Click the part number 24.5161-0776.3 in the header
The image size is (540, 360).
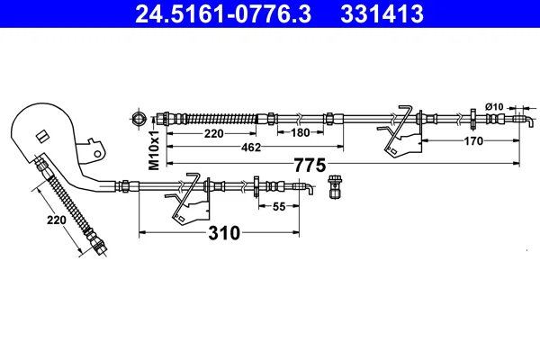223,13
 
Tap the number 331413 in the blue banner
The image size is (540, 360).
382,13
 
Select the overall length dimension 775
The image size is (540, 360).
310,165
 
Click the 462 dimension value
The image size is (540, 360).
251,148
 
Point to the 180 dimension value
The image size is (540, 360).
301,132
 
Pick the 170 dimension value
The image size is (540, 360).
473,141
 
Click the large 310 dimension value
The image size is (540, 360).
224,233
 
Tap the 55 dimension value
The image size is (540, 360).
279,206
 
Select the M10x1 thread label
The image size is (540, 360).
154,150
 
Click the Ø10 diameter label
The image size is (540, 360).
494,107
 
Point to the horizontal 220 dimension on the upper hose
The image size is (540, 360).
214,133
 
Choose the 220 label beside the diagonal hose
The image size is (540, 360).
56,220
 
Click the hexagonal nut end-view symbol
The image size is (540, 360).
139,119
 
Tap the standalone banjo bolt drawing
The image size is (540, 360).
334,186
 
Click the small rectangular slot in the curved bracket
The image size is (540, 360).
42,136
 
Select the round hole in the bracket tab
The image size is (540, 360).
98,153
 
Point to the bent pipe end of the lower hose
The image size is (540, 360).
304,188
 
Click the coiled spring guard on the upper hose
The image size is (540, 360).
221,119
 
